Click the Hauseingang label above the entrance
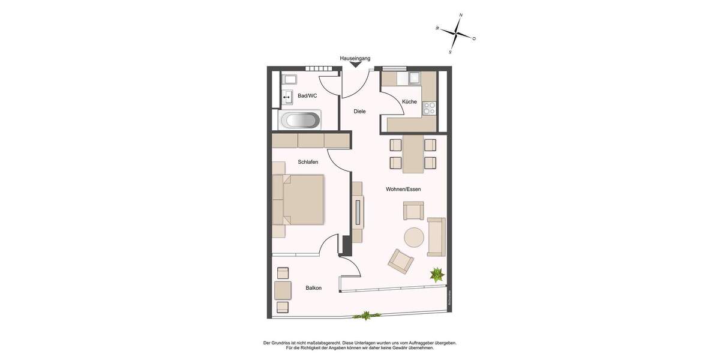pos(355,58)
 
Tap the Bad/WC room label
pos(307,96)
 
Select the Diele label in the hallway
pos(359,112)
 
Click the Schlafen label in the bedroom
pos(308,162)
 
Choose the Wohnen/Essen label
pos(403,190)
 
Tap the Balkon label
pos(313,288)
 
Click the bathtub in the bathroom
pos(300,120)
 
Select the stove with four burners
pos(430,108)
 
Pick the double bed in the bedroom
pos(299,199)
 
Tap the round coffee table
pos(414,238)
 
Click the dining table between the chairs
pos(413,154)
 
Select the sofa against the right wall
pos(436,236)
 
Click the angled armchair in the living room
pos(401,261)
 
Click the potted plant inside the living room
pos(436,275)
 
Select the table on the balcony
pos(283,290)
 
